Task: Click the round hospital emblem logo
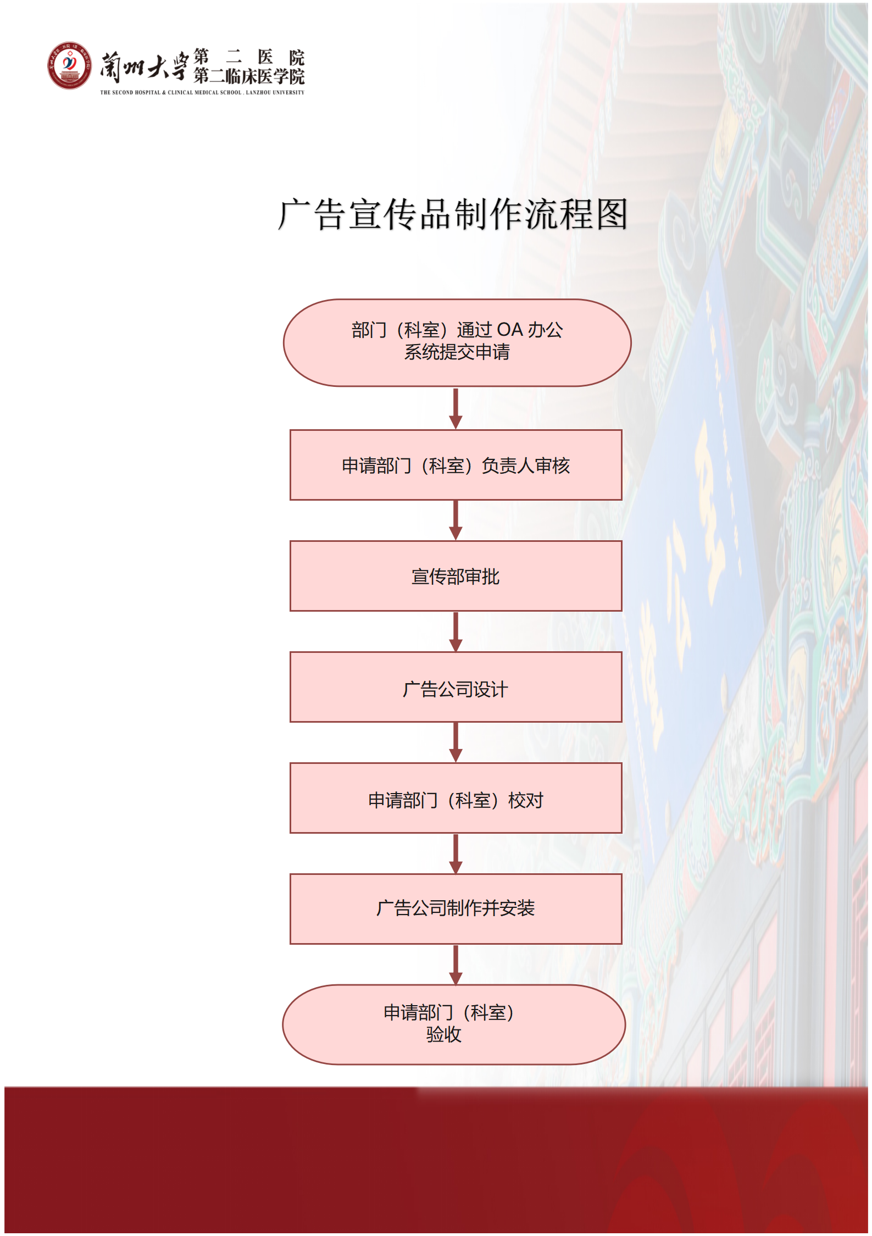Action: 69,65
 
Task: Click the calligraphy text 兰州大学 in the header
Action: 144,67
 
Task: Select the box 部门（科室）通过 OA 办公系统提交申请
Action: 457,342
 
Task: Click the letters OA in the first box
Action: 509,330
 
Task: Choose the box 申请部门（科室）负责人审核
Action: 456,465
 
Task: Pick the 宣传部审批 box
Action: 456,576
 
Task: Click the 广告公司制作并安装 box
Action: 456,908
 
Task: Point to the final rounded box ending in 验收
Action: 454,1024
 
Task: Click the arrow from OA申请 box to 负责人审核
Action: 456,408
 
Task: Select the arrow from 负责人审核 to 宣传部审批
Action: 456,520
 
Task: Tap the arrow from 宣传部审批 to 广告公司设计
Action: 456,631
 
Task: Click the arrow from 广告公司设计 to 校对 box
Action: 456,742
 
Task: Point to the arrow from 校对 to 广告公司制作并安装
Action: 456,853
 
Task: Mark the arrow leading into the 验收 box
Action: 456,965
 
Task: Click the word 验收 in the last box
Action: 443,1035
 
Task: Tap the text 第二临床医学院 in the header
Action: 249,76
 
